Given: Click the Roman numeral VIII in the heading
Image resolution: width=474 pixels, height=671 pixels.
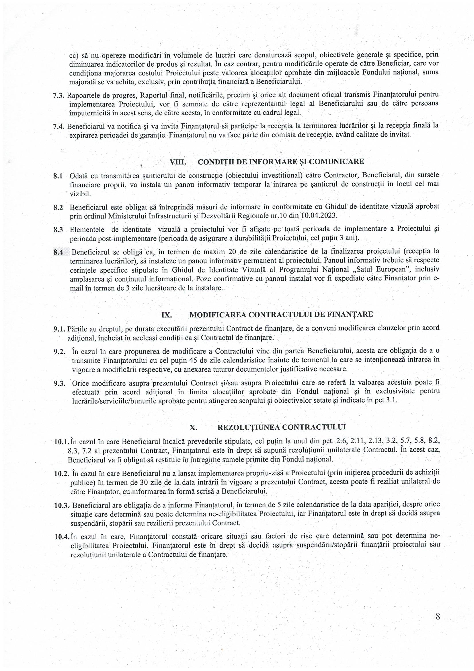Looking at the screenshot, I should point(178,162).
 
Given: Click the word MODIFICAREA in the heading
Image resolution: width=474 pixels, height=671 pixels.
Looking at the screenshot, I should point(218,315).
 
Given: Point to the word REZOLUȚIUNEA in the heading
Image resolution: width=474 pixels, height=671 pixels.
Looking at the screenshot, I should point(248,427).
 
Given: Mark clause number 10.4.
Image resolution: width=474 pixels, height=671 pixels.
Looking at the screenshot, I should point(62,537).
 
